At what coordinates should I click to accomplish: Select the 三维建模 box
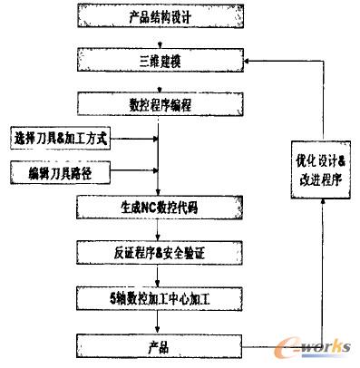(x=158, y=62)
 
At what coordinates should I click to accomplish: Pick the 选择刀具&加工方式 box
(x=62, y=140)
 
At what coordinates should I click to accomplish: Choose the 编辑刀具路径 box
(x=62, y=169)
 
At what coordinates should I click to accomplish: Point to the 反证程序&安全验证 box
(x=158, y=252)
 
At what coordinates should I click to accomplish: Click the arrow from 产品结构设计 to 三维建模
(x=158, y=41)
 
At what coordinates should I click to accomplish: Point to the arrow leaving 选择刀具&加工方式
(x=136, y=140)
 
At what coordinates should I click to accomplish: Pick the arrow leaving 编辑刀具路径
(x=136, y=169)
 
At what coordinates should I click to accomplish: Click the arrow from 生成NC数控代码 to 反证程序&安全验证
(x=158, y=232)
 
